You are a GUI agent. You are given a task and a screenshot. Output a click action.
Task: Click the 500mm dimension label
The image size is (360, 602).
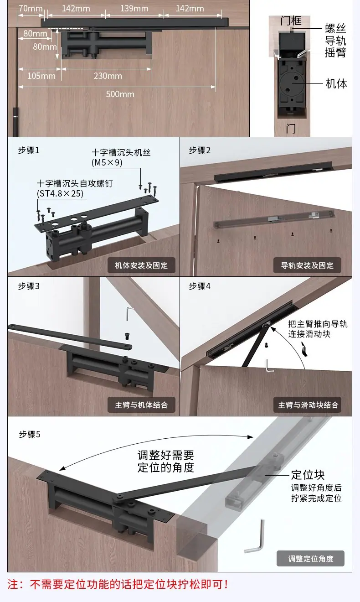pos(120,94)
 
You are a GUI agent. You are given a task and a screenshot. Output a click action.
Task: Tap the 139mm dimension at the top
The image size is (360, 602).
pos(134,9)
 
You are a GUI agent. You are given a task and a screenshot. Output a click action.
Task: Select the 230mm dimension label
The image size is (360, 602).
pos(108,76)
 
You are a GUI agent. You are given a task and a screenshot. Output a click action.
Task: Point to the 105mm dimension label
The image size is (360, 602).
pos(41,76)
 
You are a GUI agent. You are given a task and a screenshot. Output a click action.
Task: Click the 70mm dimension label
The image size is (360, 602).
pos(31,9)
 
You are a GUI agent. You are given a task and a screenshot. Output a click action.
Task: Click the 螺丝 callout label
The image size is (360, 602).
pos(335,28)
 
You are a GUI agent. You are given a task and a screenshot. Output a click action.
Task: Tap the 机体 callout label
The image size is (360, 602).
pos(336,83)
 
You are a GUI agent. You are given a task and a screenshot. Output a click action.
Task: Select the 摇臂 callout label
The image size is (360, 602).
pos(335,52)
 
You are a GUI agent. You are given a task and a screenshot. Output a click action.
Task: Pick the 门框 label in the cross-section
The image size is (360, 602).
pos(291,21)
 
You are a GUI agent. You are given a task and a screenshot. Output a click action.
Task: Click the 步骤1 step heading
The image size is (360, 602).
pos(29,150)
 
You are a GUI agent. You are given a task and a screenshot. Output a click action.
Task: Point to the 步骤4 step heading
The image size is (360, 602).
pos(200,286)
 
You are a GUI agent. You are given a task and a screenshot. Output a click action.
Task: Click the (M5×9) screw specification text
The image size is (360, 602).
pos(107,163)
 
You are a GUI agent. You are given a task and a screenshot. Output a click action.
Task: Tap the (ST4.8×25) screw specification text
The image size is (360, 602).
pos(60,193)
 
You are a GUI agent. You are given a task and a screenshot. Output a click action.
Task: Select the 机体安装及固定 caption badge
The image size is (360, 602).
pos(141,265)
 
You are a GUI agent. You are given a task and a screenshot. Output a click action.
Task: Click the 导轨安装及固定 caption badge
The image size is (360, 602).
pos(307,265)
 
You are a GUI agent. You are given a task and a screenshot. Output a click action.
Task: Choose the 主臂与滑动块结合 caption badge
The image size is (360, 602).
pos(308,405)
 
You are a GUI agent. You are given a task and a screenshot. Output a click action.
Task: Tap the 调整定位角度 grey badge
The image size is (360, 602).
pos(311,559)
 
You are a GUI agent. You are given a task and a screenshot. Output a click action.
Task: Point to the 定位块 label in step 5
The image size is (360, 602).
pos(308,475)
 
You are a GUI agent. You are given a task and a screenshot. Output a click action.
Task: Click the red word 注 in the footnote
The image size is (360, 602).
pos(13,585)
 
